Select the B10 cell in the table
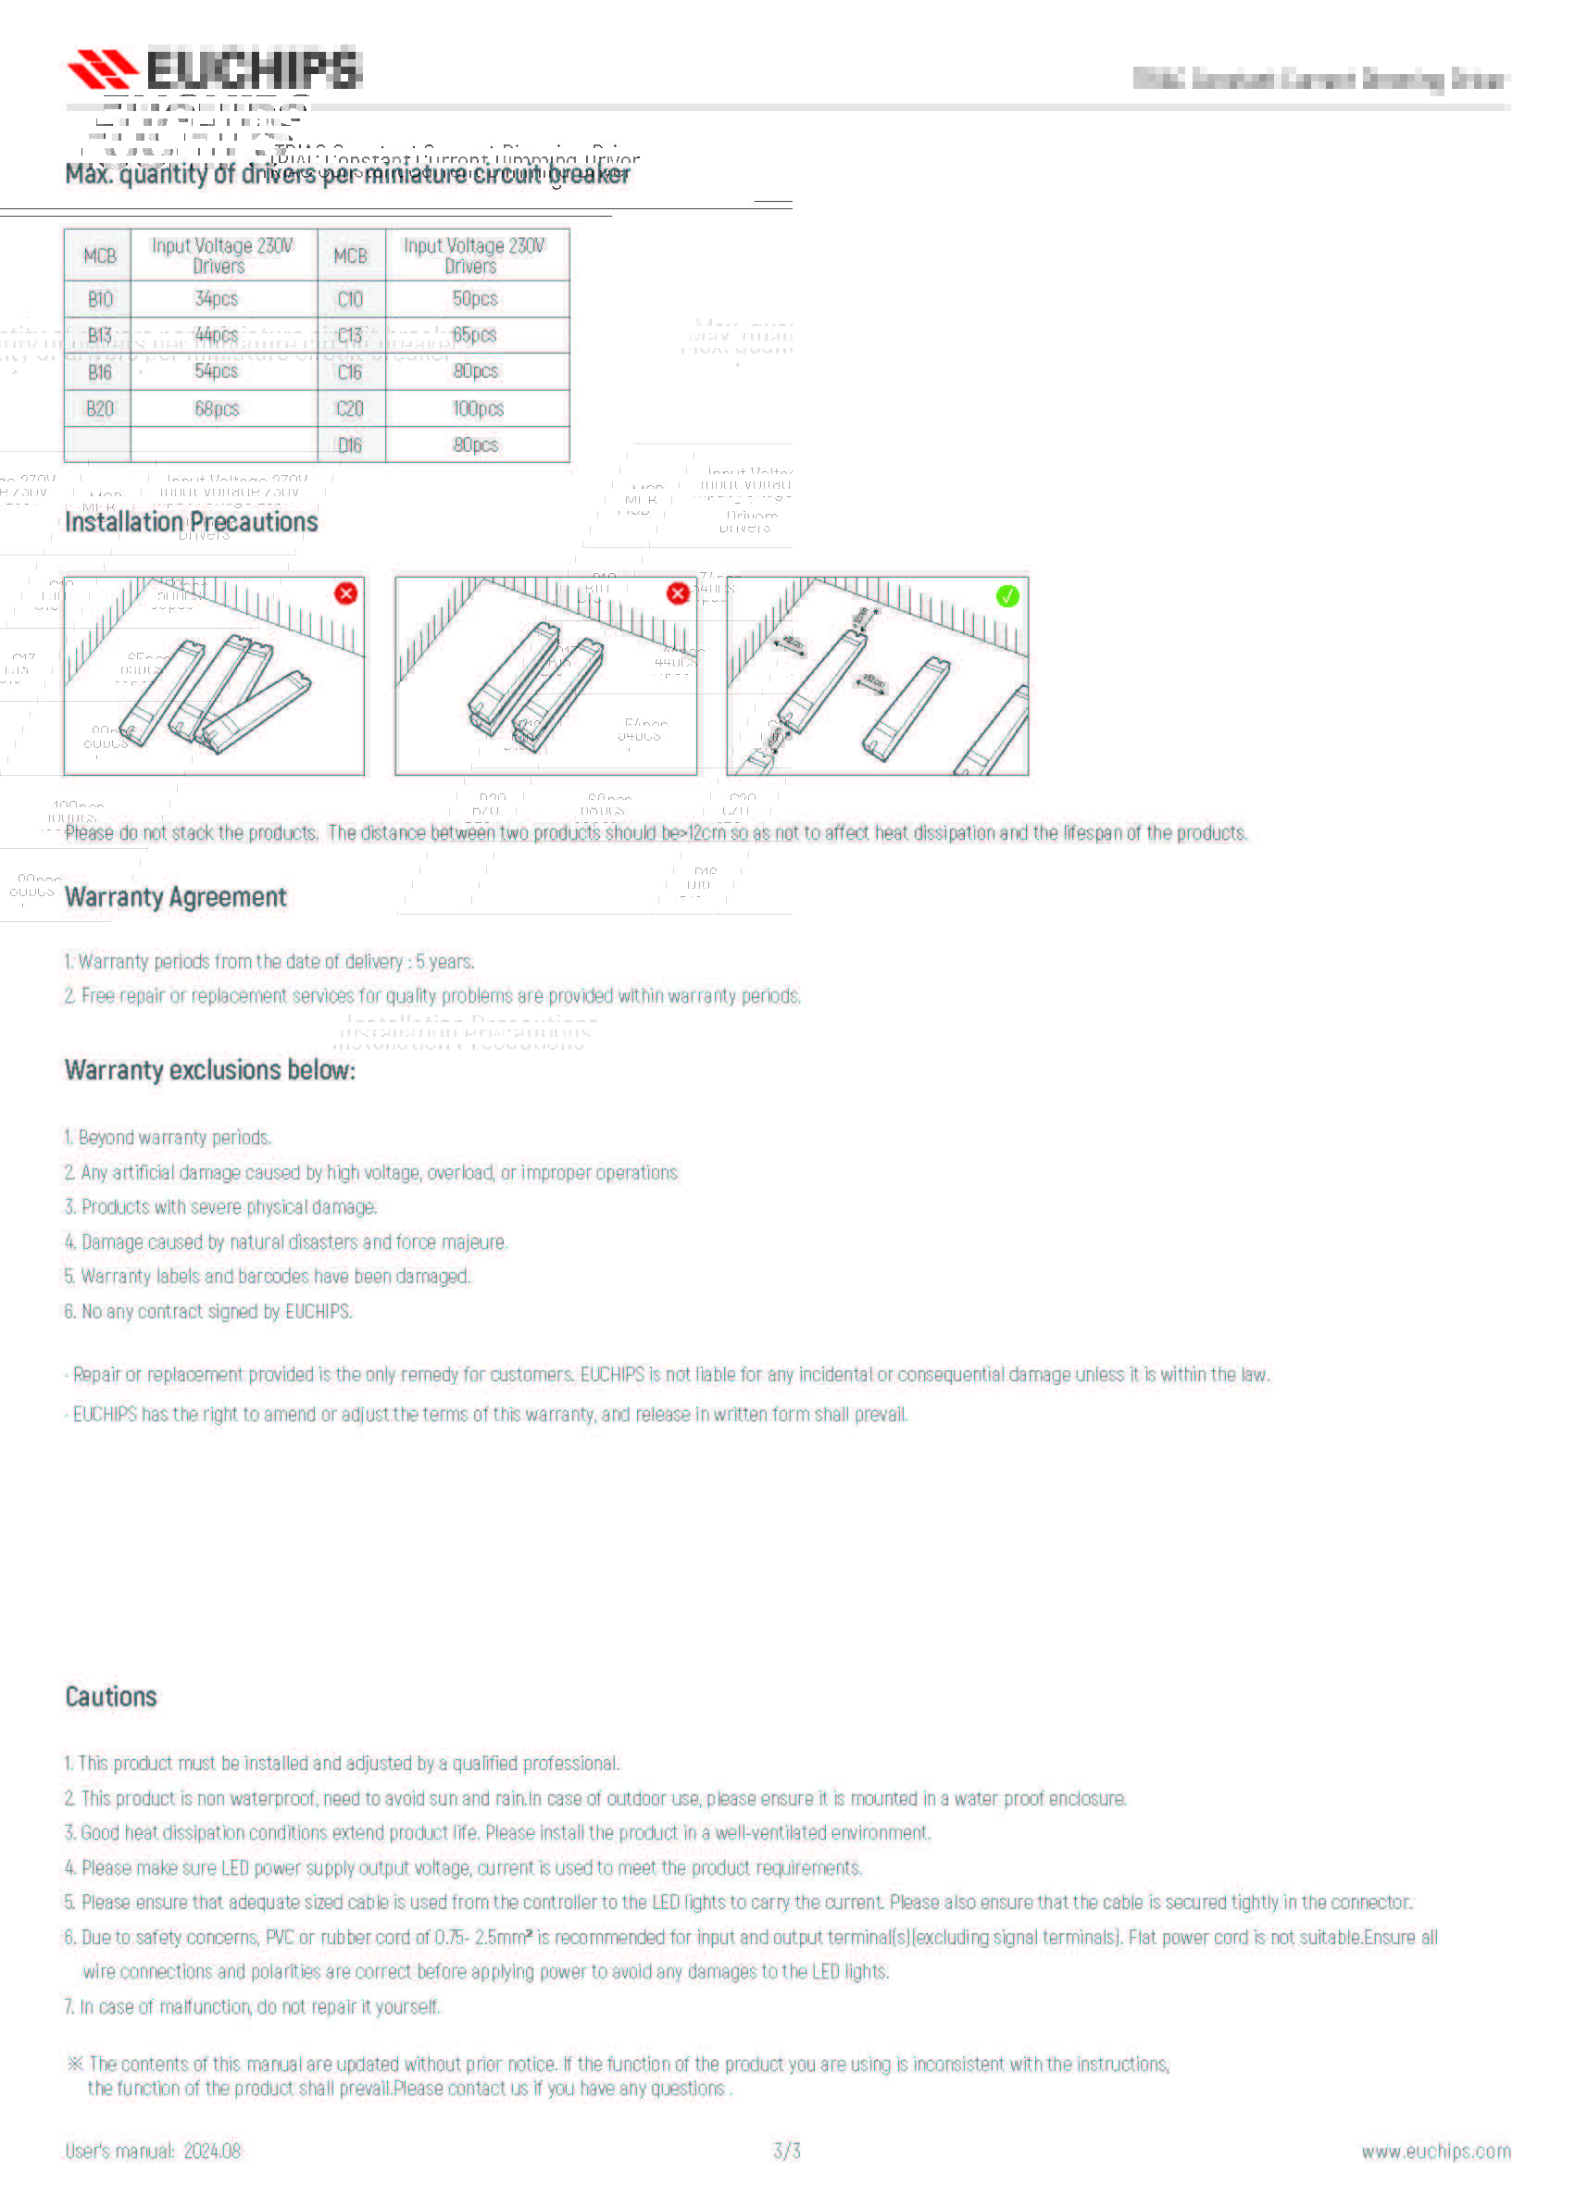(x=99, y=300)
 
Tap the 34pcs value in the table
(x=217, y=300)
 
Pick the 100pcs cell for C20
(x=477, y=409)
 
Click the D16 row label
(x=349, y=446)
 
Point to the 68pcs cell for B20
(x=217, y=409)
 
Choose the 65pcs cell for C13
(x=474, y=335)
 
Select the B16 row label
(x=99, y=372)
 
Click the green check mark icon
(x=1007, y=596)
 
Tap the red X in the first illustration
(x=345, y=593)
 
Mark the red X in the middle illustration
(x=678, y=593)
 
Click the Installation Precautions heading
(x=191, y=523)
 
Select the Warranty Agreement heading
(x=176, y=898)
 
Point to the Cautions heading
(x=110, y=1697)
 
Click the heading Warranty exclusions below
(x=209, y=1070)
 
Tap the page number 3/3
(x=786, y=2151)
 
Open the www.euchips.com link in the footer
(x=1435, y=2152)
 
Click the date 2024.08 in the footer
(x=212, y=2151)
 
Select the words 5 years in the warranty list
(x=444, y=962)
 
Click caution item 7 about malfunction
(x=252, y=2006)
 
